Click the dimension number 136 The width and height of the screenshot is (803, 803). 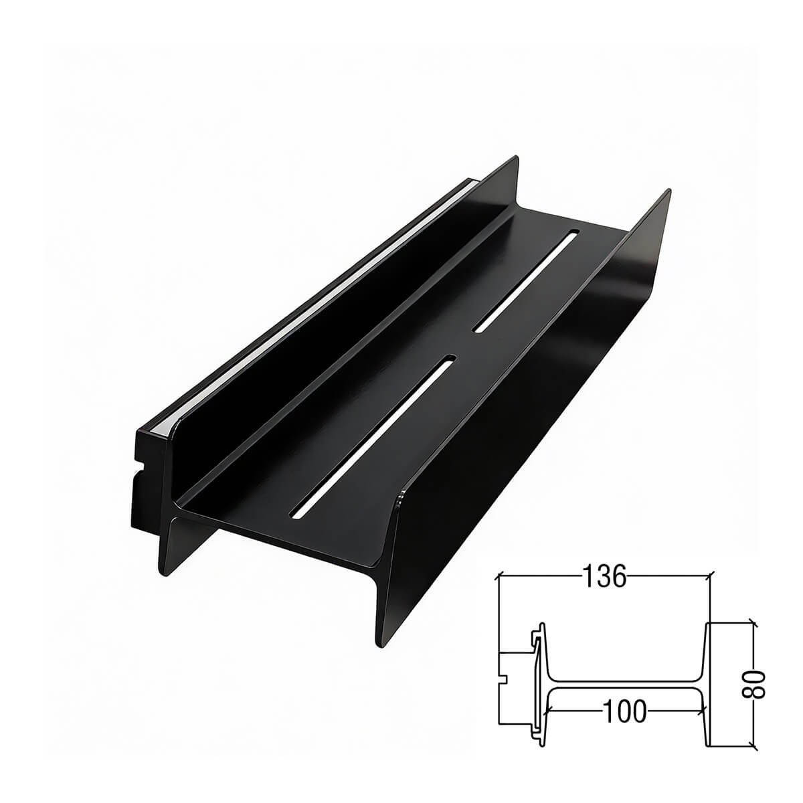(604, 576)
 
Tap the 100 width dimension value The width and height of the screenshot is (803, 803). (624, 711)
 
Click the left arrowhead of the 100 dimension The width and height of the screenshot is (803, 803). (550, 711)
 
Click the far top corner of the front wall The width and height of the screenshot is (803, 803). (667, 193)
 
